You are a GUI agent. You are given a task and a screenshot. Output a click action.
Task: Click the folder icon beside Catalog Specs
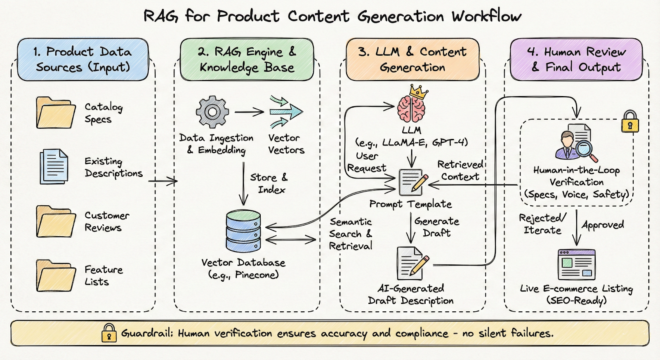point(56,113)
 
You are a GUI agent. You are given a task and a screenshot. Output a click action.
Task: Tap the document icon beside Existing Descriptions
point(54,167)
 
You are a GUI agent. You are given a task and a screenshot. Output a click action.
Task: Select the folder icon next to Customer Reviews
point(56,221)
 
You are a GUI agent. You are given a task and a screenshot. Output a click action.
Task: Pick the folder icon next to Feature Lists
point(56,275)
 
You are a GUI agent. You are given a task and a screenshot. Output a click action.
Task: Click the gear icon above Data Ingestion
point(212,112)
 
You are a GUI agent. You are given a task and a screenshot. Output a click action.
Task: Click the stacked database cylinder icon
point(243,231)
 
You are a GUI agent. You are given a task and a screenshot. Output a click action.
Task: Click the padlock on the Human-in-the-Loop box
point(630,122)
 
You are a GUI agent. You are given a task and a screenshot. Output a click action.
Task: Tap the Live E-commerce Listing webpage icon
point(576,264)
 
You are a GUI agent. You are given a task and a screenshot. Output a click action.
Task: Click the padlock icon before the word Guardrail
point(109,333)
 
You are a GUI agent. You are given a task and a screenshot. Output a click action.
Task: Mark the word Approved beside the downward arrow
point(603,225)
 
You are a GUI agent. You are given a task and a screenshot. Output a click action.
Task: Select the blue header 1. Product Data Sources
point(82,59)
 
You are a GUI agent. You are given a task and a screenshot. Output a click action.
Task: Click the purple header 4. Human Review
point(576,59)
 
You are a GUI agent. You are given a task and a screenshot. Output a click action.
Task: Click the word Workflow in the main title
point(486,16)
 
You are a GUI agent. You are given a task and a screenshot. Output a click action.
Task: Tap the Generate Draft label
point(436,227)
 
